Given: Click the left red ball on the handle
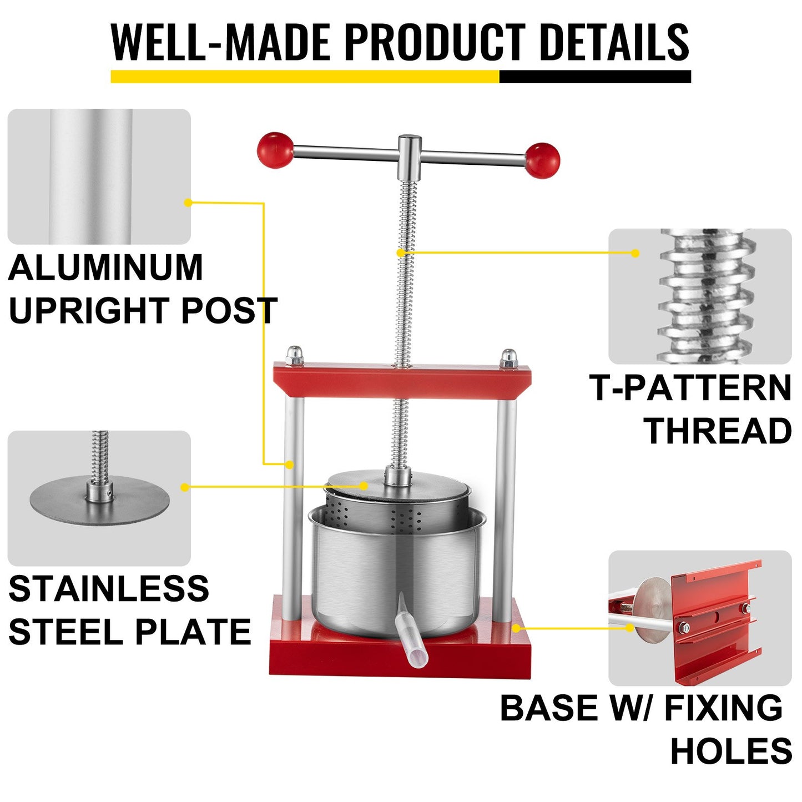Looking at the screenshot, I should [275, 149].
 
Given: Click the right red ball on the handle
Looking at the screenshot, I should [542, 160].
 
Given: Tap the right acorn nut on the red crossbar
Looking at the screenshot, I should [508, 358].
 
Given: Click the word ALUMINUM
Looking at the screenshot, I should [105, 268].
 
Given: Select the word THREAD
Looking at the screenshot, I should [717, 431].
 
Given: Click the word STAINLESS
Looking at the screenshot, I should [109, 589].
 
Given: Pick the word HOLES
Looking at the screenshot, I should [731, 751].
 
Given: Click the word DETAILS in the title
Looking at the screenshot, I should [614, 42].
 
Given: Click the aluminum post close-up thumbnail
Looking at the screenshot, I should [99, 176].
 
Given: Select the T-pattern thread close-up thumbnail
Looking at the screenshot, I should [700, 296].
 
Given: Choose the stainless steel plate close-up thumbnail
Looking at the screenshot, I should [99, 498].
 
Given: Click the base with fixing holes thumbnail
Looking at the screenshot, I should [700, 618].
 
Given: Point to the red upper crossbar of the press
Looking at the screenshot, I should [402, 382].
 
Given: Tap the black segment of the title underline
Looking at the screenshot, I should [595, 77].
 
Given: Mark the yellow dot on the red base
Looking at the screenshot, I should [516, 628].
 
